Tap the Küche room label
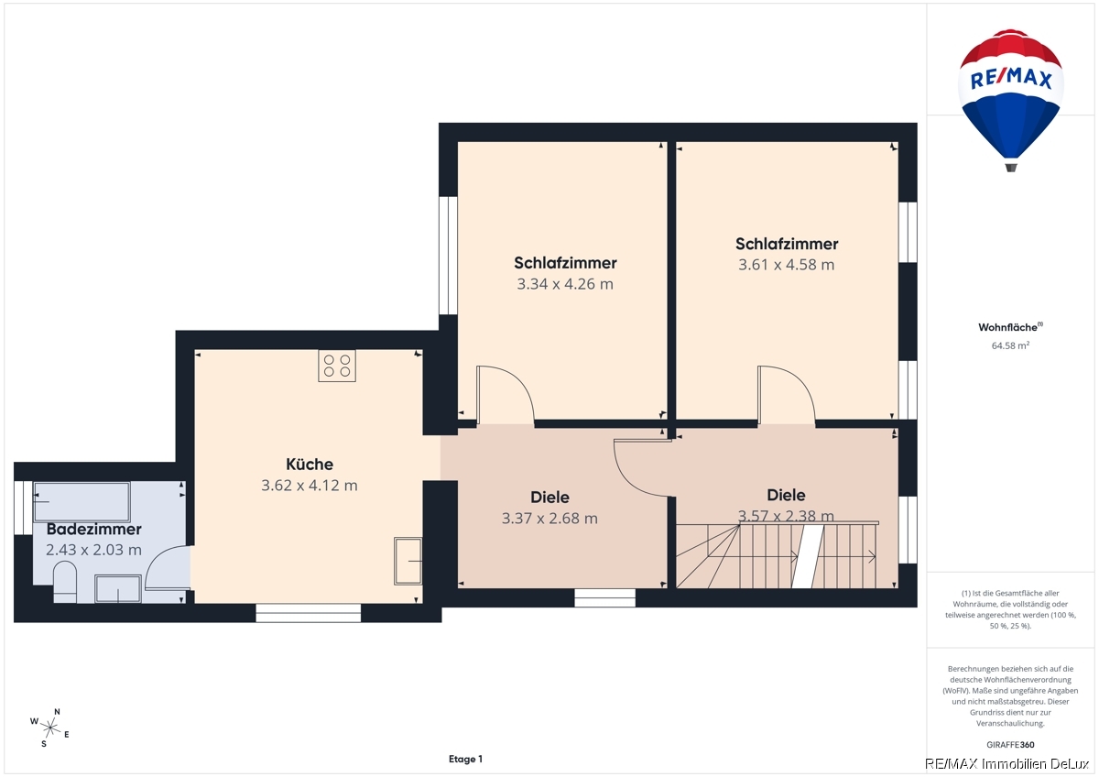pyautogui.click(x=310, y=465)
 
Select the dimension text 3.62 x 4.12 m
pyautogui.click(x=310, y=486)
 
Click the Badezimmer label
pyautogui.click(x=93, y=529)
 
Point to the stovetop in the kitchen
pyautogui.click(x=337, y=366)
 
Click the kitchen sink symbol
pyautogui.click(x=408, y=562)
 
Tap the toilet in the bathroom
pyautogui.click(x=65, y=583)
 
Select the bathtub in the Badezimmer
pyautogui.click(x=82, y=501)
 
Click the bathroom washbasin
pyautogui.click(x=118, y=588)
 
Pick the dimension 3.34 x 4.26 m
pyautogui.click(x=565, y=284)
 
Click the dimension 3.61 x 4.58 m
pyautogui.click(x=787, y=265)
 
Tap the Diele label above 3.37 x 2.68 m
pyautogui.click(x=550, y=498)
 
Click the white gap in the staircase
pyautogui.click(x=808, y=556)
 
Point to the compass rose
pyautogui.click(x=50, y=728)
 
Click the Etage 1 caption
pyautogui.click(x=465, y=759)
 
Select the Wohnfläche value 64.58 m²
pyautogui.click(x=1010, y=345)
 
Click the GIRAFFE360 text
pyautogui.click(x=1010, y=745)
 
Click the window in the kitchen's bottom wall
pyautogui.click(x=309, y=613)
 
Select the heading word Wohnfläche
pyautogui.click(x=1007, y=327)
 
